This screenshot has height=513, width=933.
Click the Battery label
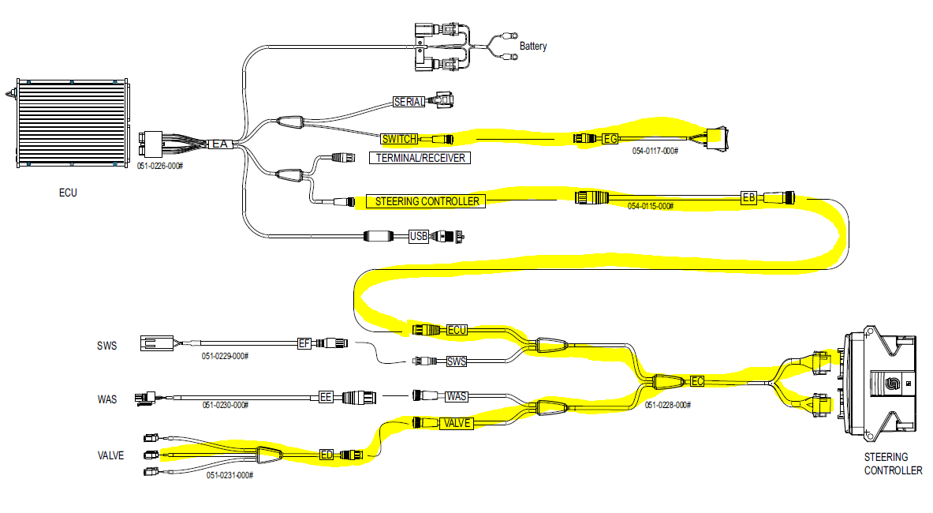532,47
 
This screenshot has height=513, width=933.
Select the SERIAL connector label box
409,102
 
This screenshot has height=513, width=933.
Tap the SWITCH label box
398,140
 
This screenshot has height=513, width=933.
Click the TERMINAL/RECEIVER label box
419,158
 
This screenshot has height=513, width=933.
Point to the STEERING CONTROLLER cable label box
427,201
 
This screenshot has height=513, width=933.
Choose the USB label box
419,236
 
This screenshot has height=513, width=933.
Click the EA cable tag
219,144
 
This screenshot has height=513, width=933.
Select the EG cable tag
610,140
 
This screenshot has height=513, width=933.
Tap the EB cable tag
748,197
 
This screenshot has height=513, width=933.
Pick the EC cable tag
696,381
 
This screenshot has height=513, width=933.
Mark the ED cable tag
327,455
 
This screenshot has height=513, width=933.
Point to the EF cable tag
304,343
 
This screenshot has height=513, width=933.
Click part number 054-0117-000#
654,150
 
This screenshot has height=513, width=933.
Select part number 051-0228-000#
667,405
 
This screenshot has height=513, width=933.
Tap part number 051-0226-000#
160,166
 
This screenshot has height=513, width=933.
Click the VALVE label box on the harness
457,423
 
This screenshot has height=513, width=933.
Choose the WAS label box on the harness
457,396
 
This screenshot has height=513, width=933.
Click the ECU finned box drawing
72,123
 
